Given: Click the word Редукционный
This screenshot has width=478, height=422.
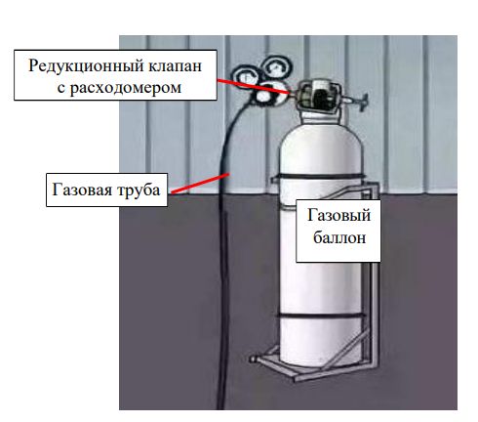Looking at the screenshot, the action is (x=86, y=66).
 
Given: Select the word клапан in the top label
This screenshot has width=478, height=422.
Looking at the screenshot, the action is (x=176, y=66).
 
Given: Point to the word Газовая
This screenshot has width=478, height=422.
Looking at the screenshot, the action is (x=82, y=190).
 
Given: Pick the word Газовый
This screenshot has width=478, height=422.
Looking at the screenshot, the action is (x=339, y=216).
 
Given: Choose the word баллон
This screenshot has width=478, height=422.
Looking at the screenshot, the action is (x=339, y=237).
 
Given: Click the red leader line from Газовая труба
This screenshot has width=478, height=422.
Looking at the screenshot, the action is (x=200, y=183).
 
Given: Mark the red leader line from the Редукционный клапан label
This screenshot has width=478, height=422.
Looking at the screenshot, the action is (x=253, y=86).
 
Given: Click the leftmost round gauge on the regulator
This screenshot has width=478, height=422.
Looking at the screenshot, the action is (x=246, y=78).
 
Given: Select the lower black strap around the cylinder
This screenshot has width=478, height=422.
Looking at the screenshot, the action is (x=321, y=316).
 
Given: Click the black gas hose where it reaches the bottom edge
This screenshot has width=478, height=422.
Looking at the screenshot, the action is (x=221, y=407).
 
